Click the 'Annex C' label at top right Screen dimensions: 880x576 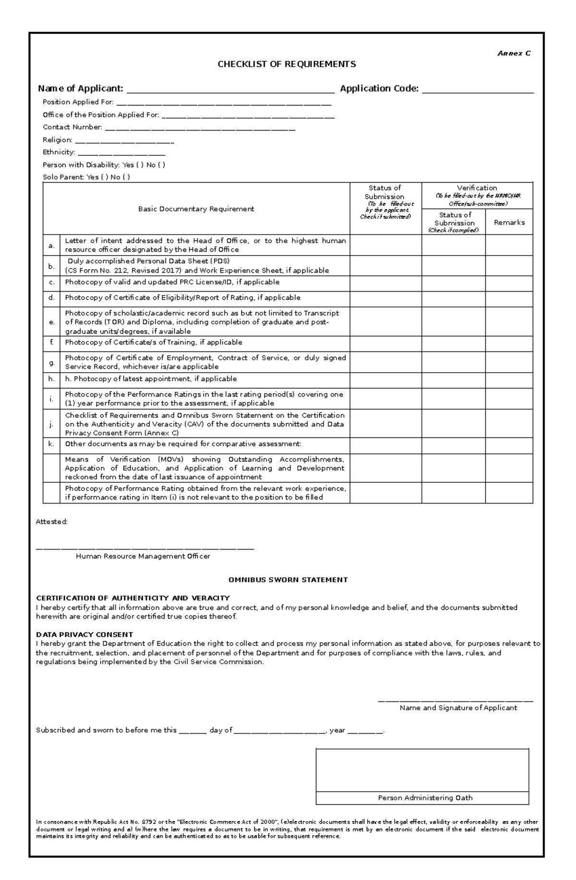click(x=514, y=53)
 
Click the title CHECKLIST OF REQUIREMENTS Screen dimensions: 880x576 click(x=287, y=64)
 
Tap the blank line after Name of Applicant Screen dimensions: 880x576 click(x=230, y=90)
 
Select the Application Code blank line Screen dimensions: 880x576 click(x=478, y=90)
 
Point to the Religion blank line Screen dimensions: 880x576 click(x=124, y=141)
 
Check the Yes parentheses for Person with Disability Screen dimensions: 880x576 click(x=140, y=165)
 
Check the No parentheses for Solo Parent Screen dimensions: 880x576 click(x=126, y=177)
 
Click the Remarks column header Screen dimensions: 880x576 click(x=509, y=223)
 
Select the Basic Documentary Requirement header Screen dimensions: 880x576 click(x=196, y=209)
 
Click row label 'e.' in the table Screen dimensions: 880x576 click(x=51, y=322)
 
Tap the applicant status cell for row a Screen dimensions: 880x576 click(x=385, y=245)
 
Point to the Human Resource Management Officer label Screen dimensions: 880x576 click(x=143, y=556)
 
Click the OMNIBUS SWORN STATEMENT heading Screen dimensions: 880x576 click(x=288, y=580)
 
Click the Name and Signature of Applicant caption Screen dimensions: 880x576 click(x=458, y=708)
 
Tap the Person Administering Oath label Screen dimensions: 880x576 click(x=425, y=798)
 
